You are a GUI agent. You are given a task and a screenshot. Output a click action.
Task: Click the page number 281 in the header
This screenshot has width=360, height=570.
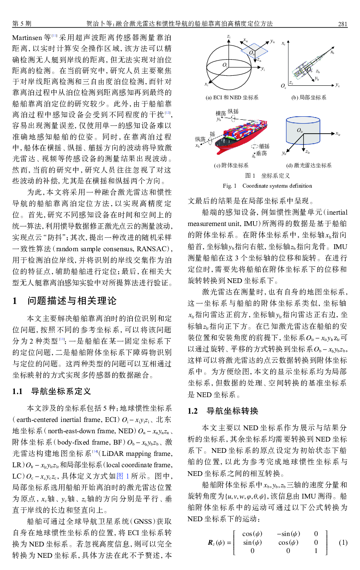click(342, 24)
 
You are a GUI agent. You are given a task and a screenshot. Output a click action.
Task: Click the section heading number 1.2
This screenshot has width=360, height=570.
click(192, 411)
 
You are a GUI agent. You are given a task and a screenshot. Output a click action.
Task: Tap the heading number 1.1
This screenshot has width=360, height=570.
click(18, 391)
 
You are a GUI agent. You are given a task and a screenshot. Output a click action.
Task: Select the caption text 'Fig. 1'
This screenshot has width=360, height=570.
click(229, 186)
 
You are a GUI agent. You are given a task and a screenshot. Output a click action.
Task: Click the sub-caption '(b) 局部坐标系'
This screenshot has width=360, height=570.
click(309, 98)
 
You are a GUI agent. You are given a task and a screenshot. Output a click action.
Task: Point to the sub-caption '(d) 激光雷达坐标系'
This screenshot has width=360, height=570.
click(309, 165)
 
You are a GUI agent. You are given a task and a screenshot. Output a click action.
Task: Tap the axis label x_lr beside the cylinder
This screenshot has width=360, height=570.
click(338, 133)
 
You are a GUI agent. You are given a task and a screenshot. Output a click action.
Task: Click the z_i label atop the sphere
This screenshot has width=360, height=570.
click(229, 36)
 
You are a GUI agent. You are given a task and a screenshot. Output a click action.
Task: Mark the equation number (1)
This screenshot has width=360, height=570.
click(343, 543)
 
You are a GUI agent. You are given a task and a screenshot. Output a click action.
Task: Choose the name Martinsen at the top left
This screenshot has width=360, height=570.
click(27, 38)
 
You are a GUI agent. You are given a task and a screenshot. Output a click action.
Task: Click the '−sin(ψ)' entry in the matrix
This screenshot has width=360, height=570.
click(288, 534)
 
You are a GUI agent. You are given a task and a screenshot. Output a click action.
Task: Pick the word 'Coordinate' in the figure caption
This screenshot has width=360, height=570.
click(257, 186)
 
